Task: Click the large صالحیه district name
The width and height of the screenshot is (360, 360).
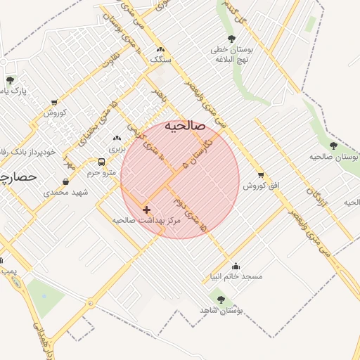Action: [x=185, y=126]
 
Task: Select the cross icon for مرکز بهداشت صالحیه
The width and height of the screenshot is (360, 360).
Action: [x=146, y=210]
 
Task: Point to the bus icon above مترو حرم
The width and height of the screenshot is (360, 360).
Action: [x=102, y=162]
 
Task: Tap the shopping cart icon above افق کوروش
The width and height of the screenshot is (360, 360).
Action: [x=261, y=175]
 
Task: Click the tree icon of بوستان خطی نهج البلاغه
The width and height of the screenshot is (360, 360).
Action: [x=232, y=39]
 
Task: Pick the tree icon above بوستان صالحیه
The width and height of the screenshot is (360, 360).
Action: [x=333, y=146]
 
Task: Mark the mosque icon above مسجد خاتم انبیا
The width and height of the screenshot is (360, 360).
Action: [x=236, y=266]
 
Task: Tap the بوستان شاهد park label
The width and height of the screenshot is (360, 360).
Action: [x=220, y=310]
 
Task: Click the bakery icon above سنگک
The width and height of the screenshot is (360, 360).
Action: [x=160, y=50]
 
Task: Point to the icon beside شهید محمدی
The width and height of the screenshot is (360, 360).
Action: [x=66, y=181]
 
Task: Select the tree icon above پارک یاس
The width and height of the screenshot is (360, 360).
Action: [x=10, y=81]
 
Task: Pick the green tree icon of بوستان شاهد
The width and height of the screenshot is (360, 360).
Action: [x=221, y=300]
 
